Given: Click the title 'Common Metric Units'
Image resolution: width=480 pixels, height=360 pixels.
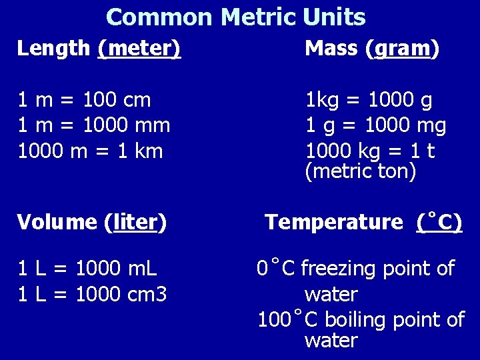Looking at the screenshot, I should pyautogui.click(x=235, y=17).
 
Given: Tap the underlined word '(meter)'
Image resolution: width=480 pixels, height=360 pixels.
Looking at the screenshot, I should pyautogui.click(x=139, y=48).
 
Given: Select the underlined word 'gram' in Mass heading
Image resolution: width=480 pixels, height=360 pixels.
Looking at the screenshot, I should pyautogui.click(x=403, y=48).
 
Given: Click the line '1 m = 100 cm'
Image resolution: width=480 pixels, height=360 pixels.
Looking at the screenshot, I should pyautogui.click(x=84, y=101).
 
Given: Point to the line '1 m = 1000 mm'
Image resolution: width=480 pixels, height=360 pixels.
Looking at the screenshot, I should pyautogui.click(x=93, y=125).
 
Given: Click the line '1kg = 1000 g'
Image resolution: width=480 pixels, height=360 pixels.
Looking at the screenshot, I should pyautogui.click(x=369, y=101).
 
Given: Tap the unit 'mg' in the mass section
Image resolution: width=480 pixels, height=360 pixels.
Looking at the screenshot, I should pyautogui.click(x=431, y=125).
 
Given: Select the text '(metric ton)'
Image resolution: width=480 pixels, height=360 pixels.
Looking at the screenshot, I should pyautogui.click(x=360, y=171).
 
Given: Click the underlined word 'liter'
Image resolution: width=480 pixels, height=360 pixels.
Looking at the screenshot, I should pyautogui.click(x=135, y=222).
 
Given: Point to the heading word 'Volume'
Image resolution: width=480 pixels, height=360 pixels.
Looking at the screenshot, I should pyautogui.click(x=57, y=222).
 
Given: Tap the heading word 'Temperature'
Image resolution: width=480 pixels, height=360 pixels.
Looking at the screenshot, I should pyautogui.click(x=334, y=222).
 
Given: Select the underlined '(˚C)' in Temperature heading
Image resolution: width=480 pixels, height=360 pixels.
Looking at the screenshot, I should pyautogui.click(x=439, y=222).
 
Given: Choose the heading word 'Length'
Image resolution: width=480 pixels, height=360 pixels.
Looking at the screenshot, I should pyautogui.click(x=53, y=48).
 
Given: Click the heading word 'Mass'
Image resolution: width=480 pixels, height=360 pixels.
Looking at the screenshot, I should pyautogui.click(x=331, y=48).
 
